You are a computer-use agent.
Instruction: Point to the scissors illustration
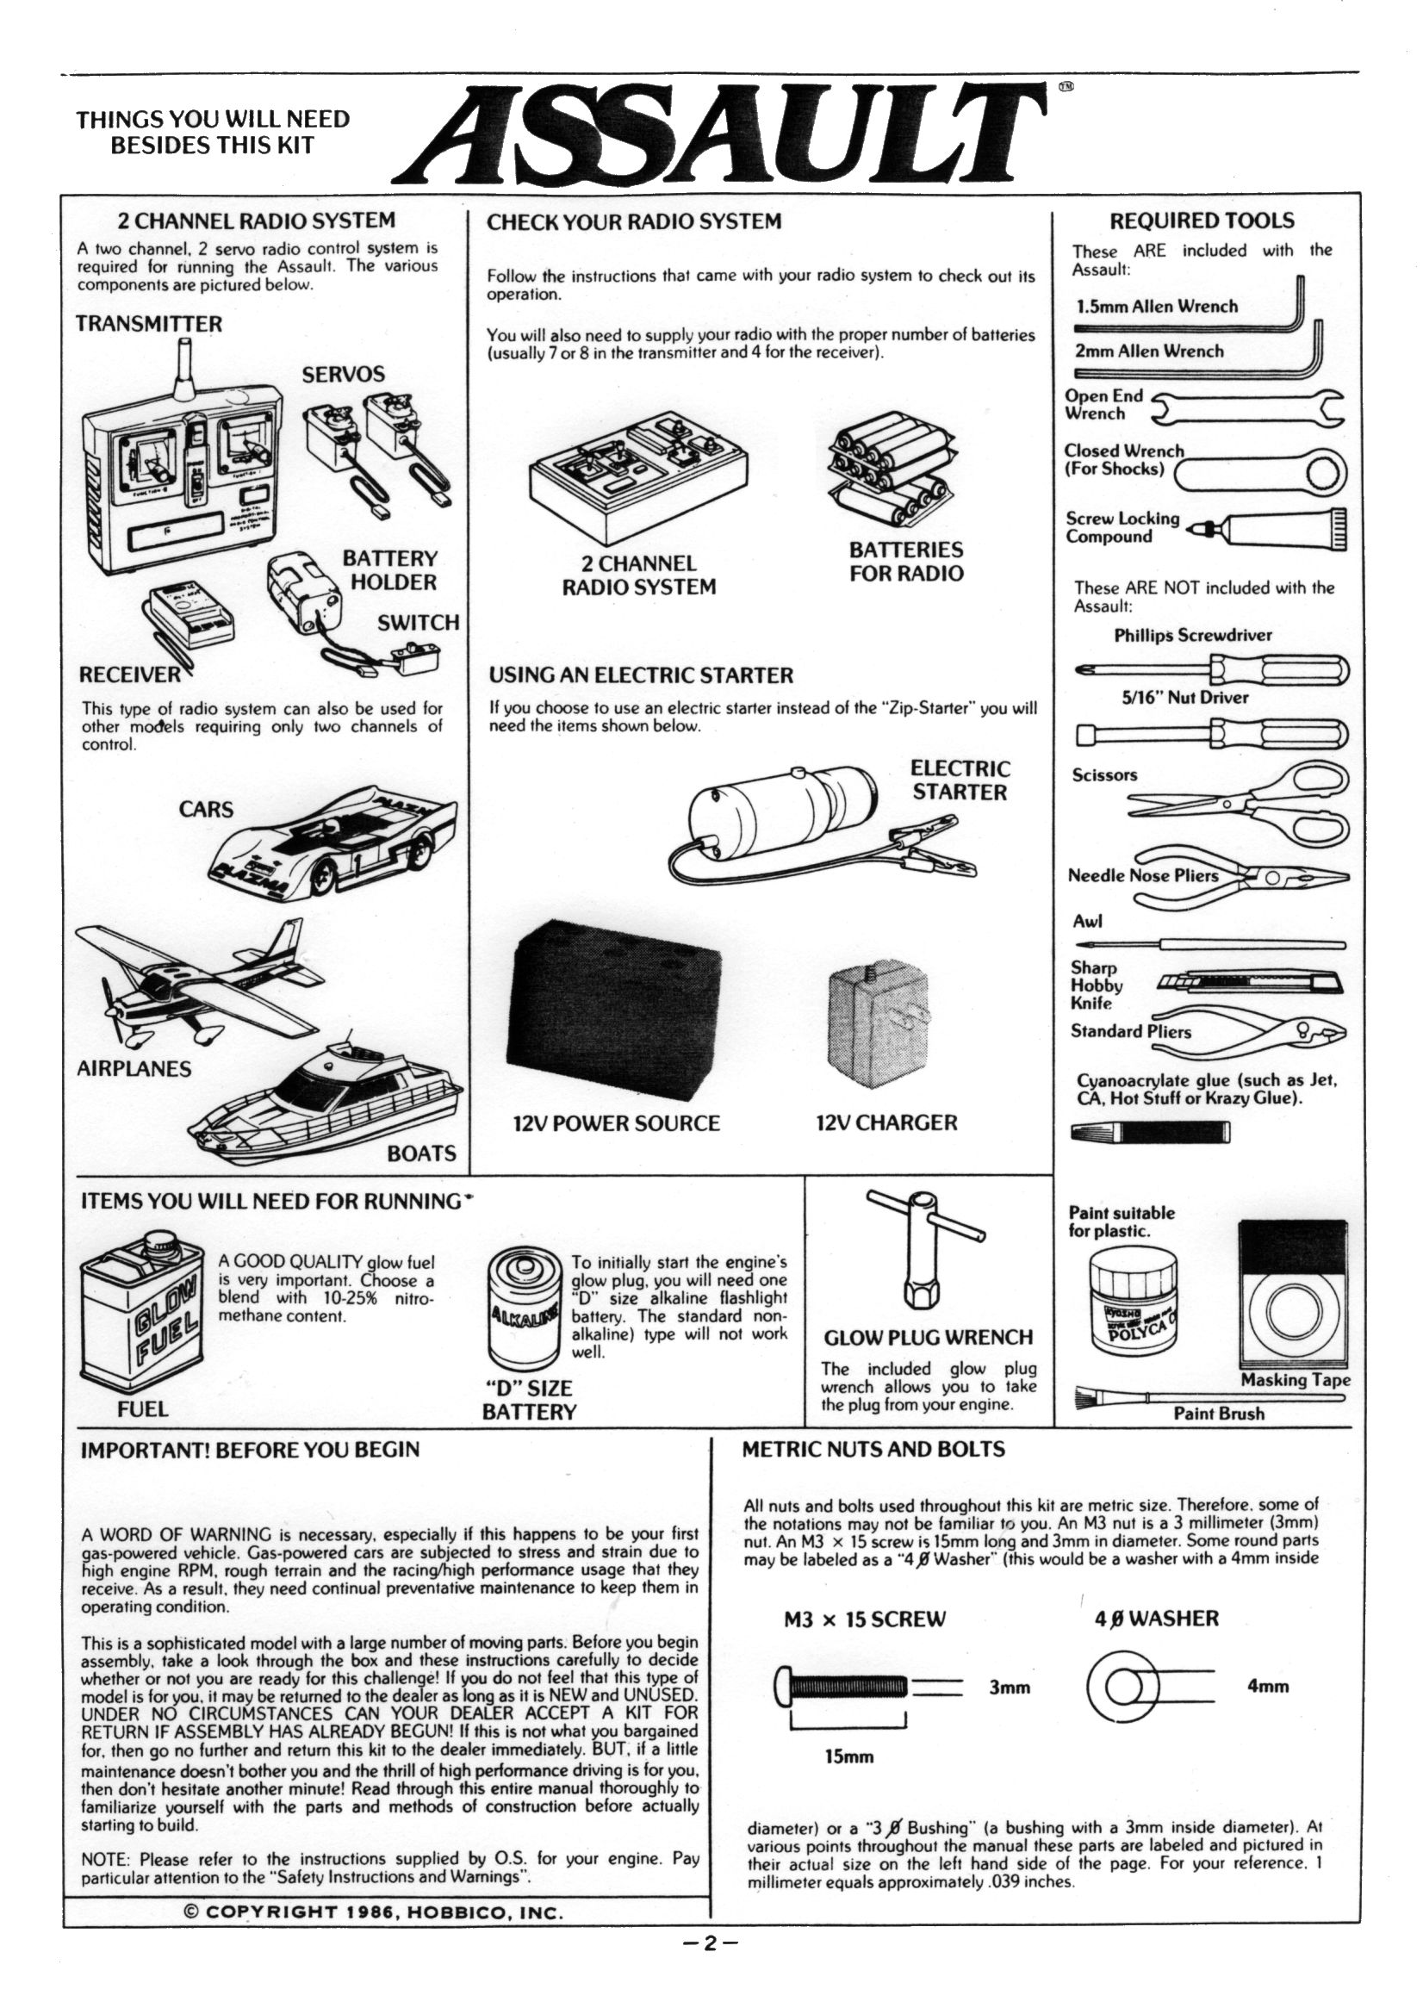click(1238, 799)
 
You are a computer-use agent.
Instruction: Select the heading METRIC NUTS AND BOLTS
click(873, 1449)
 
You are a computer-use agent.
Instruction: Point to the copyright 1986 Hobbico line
click(373, 1930)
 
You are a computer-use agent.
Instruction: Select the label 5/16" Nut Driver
click(1184, 698)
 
